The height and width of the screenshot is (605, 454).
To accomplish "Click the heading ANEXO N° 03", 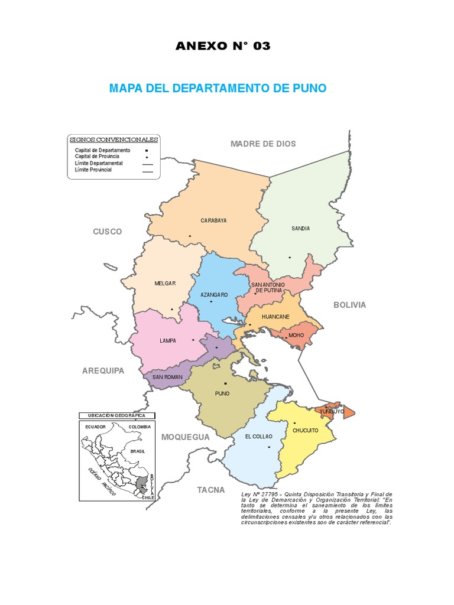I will click(223, 47).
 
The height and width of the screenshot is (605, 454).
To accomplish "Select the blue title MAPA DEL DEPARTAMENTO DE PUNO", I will click(218, 89).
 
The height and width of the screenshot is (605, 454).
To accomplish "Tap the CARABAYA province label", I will click(213, 220).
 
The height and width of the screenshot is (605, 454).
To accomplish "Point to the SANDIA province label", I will click(300, 228).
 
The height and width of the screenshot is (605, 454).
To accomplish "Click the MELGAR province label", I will click(165, 284).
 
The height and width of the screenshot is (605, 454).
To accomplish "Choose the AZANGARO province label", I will click(214, 294).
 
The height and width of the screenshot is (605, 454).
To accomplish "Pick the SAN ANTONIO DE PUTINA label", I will click(268, 288).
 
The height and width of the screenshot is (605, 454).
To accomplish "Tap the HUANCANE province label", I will click(275, 317).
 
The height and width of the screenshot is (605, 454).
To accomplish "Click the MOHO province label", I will click(296, 335).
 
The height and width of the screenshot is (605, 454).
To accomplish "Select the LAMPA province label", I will click(168, 341).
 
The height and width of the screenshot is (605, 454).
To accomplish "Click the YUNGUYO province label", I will click(332, 411).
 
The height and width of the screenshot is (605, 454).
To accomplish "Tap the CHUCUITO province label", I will click(306, 430).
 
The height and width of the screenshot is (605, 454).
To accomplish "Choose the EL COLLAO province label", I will click(258, 437).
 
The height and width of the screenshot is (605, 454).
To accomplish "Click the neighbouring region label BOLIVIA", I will click(349, 305).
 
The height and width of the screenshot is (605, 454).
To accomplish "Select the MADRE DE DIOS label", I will click(263, 144).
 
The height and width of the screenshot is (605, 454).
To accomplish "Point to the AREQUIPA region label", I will click(103, 370).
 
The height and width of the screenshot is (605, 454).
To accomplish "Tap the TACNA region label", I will click(211, 490).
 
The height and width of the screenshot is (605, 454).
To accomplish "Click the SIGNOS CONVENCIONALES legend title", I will click(114, 140).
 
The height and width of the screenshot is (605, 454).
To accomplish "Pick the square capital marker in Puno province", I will click(225, 383).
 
